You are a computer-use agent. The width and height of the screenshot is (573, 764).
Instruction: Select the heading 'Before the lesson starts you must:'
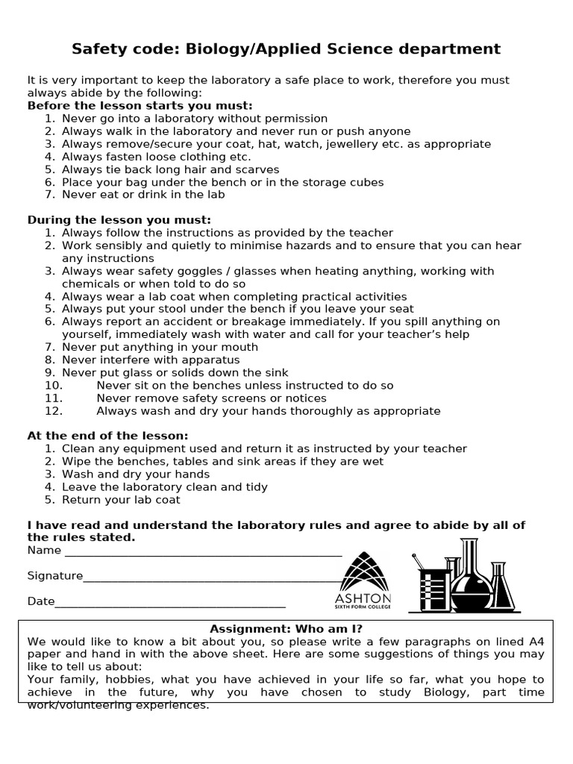click(140, 106)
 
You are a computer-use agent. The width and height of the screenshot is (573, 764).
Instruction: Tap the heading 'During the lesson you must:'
click(119, 220)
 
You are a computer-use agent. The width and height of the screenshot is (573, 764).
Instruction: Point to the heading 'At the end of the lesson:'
click(108, 436)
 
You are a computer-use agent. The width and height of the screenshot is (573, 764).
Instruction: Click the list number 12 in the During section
click(53, 411)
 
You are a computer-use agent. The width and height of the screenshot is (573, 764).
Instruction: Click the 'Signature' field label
click(55, 576)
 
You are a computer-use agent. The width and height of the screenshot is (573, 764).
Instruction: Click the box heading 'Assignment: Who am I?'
click(286, 629)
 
